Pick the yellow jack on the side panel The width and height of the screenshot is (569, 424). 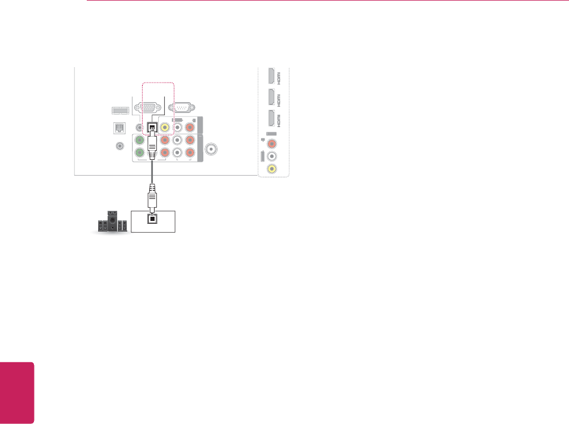(272, 168)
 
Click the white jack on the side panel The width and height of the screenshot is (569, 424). (272, 157)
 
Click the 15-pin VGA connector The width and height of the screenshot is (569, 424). (146, 108)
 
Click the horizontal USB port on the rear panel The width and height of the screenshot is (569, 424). (117, 110)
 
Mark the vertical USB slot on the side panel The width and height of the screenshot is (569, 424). (262, 159)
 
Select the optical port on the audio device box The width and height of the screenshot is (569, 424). (153, 219)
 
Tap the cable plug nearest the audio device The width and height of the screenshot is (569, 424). (152, 199)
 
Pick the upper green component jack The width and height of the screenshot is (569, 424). (140, 141)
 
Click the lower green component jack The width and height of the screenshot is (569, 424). (140, 153)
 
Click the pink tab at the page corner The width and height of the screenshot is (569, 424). (17, 393)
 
